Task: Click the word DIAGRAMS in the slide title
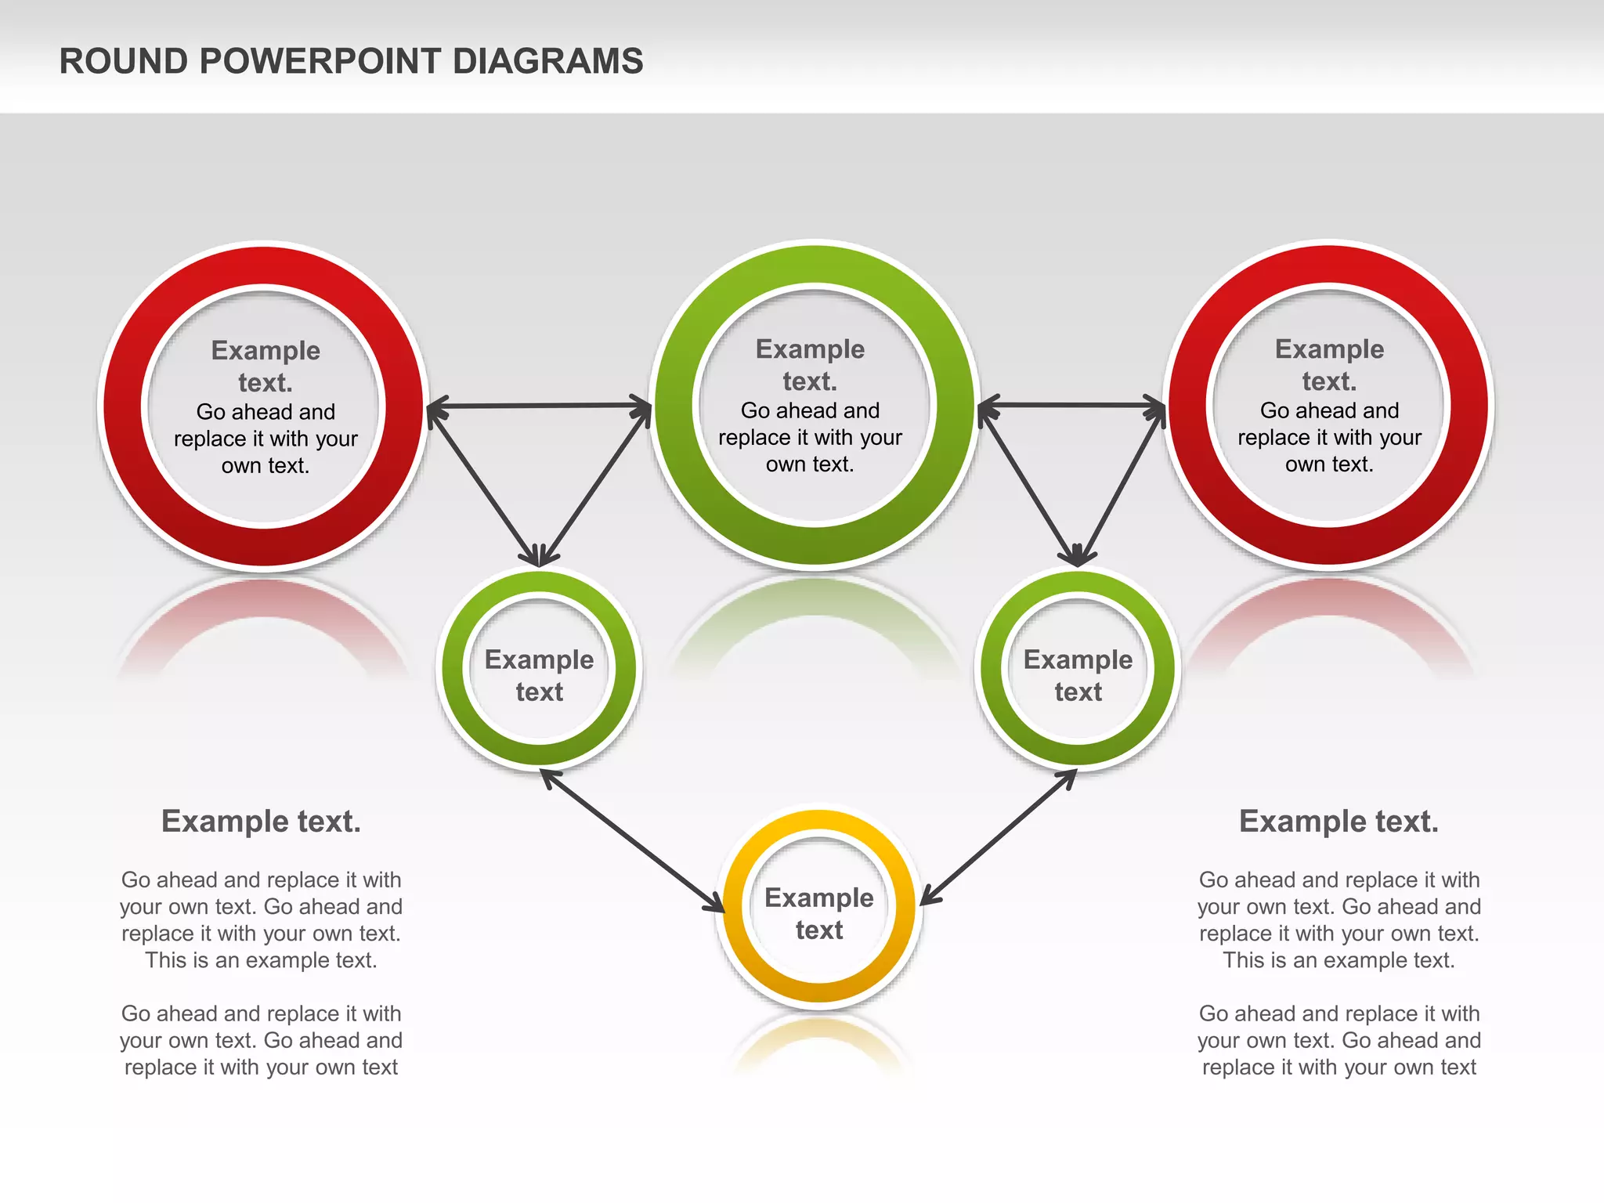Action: coord(547,62)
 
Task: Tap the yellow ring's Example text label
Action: coord(818,913)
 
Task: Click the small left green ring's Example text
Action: coord(539,675)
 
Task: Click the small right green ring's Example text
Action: coord(1078,675)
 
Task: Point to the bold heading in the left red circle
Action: coord(266,366)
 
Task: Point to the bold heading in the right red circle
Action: coord(1329,364)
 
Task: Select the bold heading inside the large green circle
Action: coord(810,364)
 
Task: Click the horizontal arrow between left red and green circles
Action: coord(539,406)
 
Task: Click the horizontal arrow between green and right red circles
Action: coord(1071,405)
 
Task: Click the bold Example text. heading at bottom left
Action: coord(261,822)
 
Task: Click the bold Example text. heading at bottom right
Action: coord(1338,822)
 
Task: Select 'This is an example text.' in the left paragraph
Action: coord(261,960)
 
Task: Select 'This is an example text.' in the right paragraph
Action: coord(1338,960)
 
